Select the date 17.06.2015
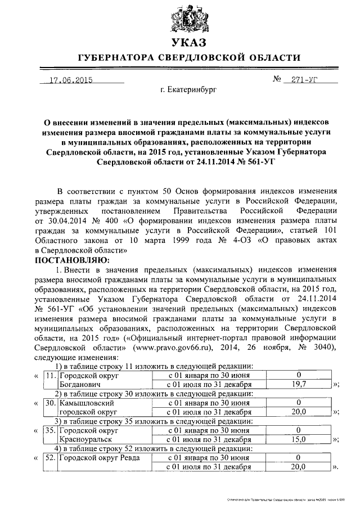pos(70,79)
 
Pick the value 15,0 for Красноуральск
pos(299,439)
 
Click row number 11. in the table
pos(51,375)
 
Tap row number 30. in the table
pos(51,403)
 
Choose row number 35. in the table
pos(51,430)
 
